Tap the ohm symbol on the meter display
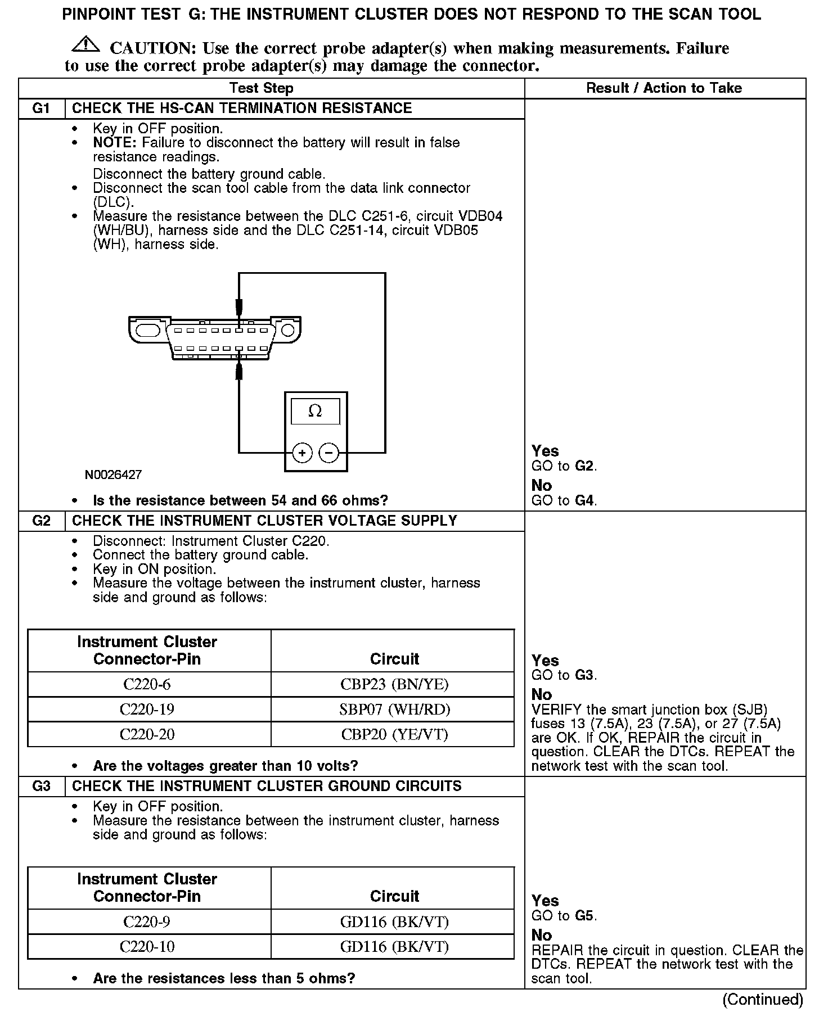tap(315, 412)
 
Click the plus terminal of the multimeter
tap(302, 452)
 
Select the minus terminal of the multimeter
tap(329, 452)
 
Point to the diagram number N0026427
tap(113, 475)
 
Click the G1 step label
tap(42, 109)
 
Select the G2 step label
tap(42, 521)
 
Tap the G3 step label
tap(42, 787)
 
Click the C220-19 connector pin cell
tap(147, 710)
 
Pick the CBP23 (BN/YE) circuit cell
tap(394, 684)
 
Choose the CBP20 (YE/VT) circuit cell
tap(394, 734)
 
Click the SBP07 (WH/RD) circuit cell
tap(394, 710)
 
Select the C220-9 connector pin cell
tap(147, 921)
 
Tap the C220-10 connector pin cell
tap(147, 946)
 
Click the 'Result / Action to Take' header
tap(664, 88)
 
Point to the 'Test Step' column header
tap(262, 88)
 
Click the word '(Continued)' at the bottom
tap(763, 999)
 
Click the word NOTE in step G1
tap(115, 143)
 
